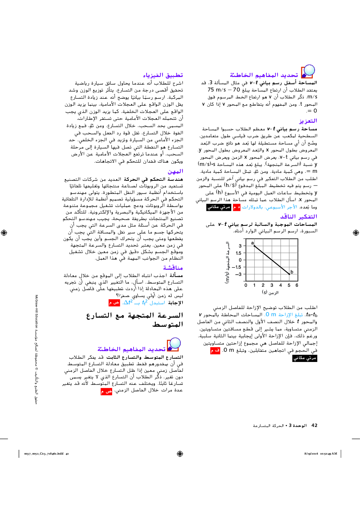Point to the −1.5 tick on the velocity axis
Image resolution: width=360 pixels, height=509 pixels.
point(237,267)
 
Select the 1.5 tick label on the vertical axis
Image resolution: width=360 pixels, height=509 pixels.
point(238,253)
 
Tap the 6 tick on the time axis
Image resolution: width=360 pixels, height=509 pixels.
point(297,285)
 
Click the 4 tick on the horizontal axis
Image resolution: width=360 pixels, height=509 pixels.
point(281,285)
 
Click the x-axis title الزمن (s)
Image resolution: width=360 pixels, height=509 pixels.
point(270,292)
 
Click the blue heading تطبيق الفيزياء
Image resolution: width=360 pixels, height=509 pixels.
point(163,75)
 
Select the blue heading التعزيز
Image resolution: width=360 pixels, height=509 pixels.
point(308,121)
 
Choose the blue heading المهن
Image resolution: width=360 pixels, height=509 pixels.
point(175,171)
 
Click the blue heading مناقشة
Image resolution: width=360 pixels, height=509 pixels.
point(173,268)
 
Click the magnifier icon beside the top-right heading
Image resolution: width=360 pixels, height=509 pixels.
point(308,71)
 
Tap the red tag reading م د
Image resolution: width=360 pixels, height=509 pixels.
point(237,207)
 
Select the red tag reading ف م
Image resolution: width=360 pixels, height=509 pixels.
point(215,351)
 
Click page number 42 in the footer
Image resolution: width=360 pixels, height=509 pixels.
point(314,425)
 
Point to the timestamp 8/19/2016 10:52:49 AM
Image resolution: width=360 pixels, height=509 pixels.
point(320,453)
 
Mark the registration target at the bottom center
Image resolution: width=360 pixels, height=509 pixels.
point(180,453)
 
